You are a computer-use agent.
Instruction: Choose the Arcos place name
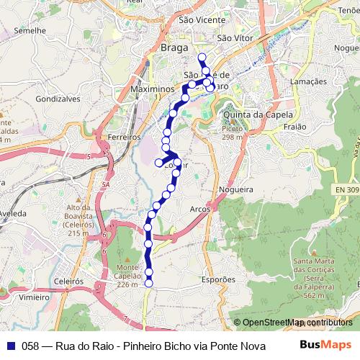(x=200, y=209)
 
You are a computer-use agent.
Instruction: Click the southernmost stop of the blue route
(x=149, y=283)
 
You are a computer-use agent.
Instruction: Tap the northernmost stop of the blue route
(x=202, y=57)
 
